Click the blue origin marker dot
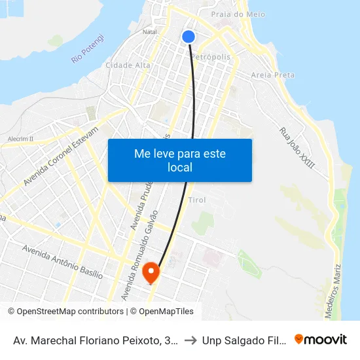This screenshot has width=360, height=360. (x=189, y=37)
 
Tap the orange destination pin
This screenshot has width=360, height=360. (x=151, y=272)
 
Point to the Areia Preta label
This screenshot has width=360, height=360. (x=273, y=75)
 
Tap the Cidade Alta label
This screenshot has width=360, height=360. (x=128, y=65)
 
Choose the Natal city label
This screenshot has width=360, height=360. (x=150, y=31)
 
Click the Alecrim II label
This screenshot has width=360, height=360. (x=20, y=139)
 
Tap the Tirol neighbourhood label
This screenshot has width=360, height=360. (x=197, y=200)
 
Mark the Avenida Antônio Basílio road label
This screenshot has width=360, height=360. (x=62, y=262)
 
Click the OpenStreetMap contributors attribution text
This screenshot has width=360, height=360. (x=65, y=312)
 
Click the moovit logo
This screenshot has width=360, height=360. (x=321, y=339)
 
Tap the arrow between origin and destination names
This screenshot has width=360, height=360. (x=190, y=340)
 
